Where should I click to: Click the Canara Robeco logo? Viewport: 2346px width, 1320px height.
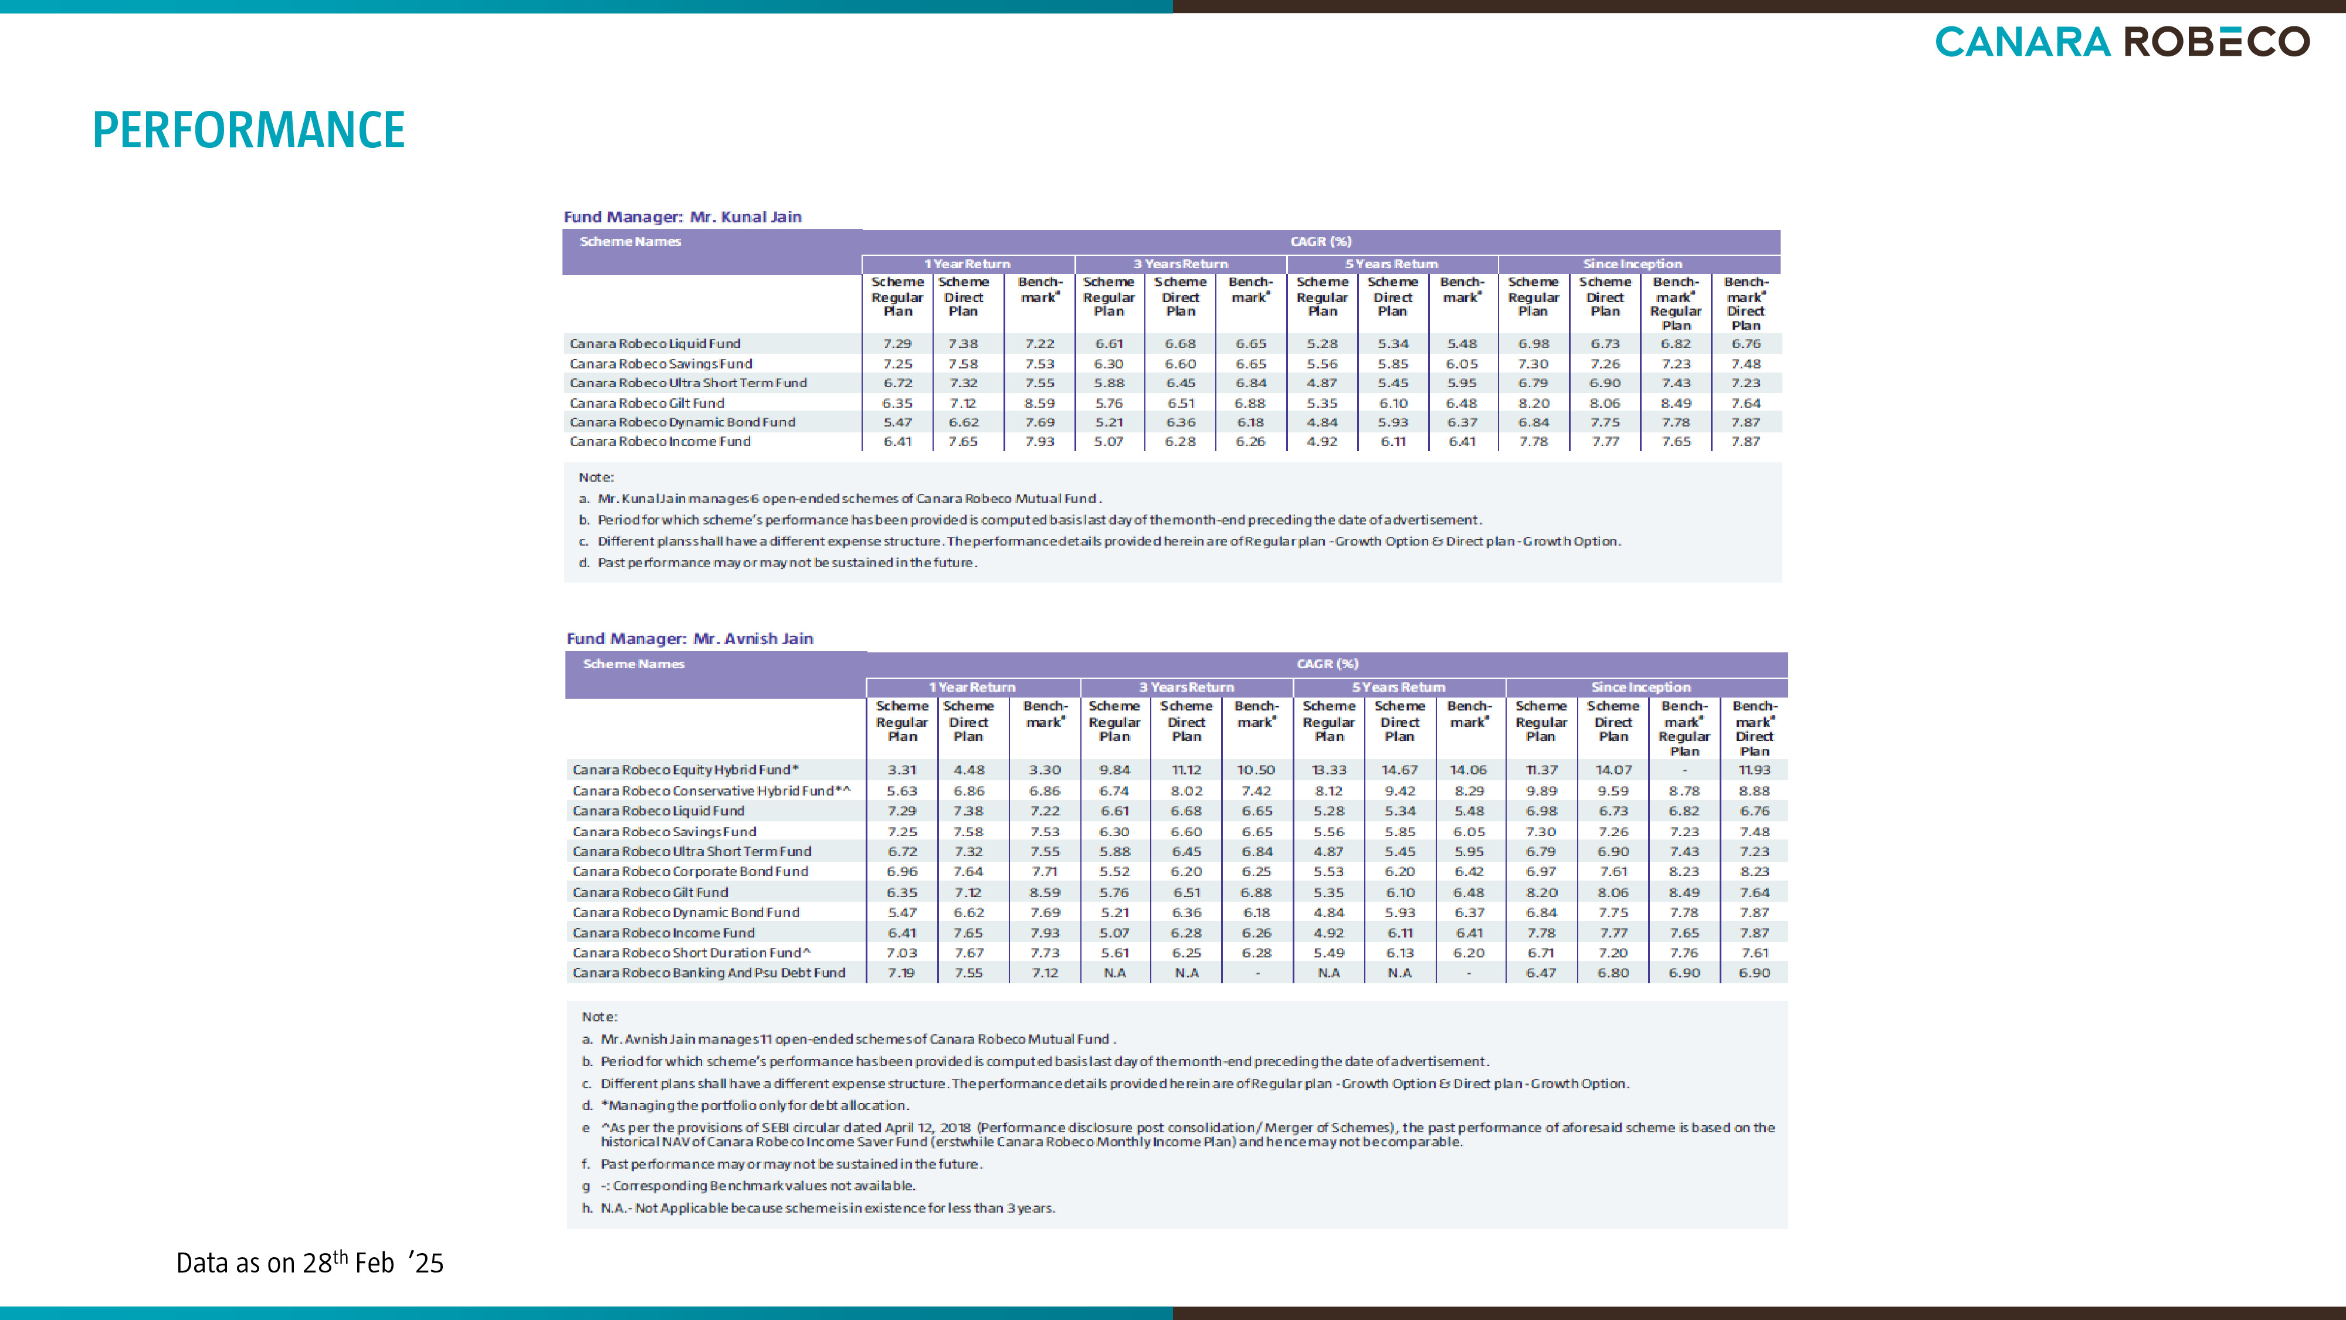pos(2122,42)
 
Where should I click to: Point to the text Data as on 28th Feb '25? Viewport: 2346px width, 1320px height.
pos(310,1262)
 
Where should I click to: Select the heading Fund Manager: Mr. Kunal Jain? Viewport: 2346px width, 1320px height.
pos(682,217)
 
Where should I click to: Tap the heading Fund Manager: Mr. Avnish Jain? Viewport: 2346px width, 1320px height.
pos(689,639)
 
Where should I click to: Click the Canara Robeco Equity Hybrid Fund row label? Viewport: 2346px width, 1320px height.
pos(685,770)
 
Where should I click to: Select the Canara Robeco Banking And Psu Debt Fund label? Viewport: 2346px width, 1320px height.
pos(708,973)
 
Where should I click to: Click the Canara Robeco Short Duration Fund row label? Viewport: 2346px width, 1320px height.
pos(691,953)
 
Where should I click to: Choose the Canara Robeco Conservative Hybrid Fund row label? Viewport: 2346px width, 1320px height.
pos(711,791)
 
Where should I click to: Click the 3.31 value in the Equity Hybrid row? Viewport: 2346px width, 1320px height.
pos(901,770)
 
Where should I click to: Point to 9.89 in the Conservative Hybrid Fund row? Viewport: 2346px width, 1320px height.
pos(1541,791)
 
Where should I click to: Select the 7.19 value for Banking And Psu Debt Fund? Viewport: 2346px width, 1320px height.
pos(901,973)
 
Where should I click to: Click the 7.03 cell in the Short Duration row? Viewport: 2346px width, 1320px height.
pos(901,953)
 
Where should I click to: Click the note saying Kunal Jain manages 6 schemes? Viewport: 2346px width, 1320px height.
pos(840,498)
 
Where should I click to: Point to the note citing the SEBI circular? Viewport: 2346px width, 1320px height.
pos(1178,1134)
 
